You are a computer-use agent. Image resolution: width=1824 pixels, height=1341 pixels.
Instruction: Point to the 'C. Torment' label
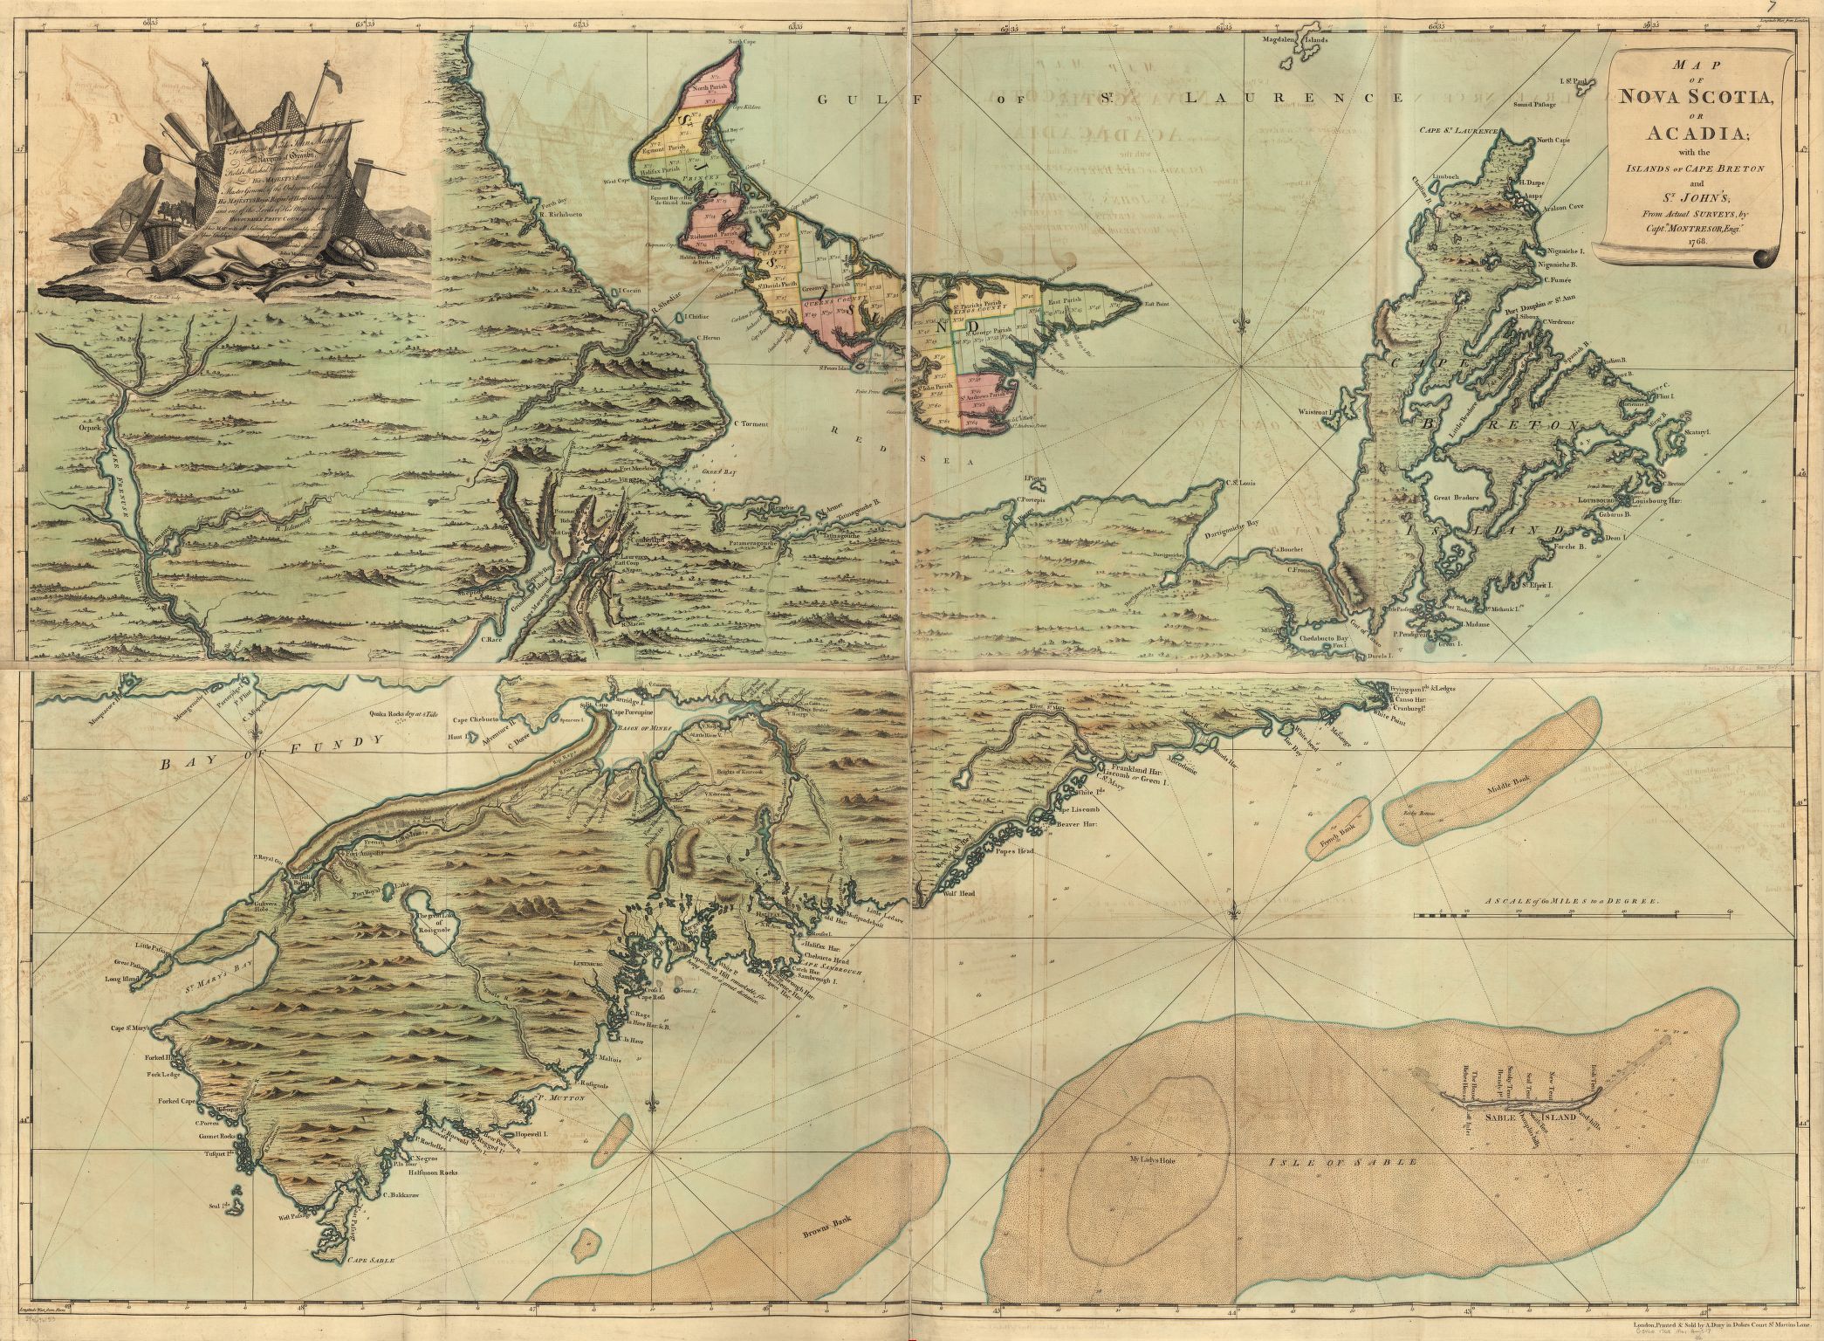[x=750, y=424]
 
